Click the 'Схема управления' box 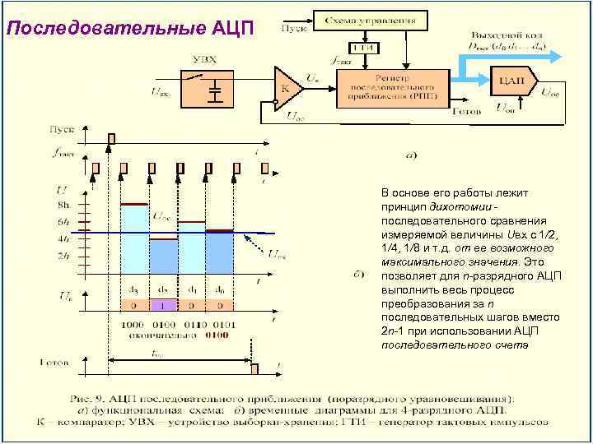coord(370,18)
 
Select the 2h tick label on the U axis coord(63,255)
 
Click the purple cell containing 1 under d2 coord(163,305)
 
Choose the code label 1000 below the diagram coord(133,326)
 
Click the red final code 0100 coord(217,335)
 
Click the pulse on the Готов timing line coord(254,368)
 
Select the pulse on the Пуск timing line coord(112,138)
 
